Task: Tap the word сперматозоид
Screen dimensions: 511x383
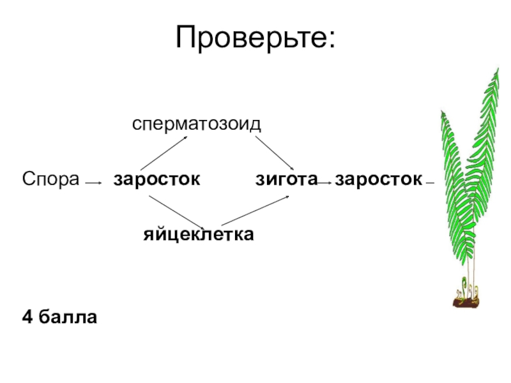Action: coord(197,124)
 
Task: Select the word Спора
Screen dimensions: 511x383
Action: coord(50,179)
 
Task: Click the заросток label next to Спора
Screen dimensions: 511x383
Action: coord(156,179)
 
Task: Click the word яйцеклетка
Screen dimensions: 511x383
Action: coord(198,235)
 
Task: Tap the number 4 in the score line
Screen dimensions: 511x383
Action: coord(27,316)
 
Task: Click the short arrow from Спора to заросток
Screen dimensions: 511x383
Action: coord(93,184)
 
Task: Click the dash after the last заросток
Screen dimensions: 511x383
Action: coord(430,183)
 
